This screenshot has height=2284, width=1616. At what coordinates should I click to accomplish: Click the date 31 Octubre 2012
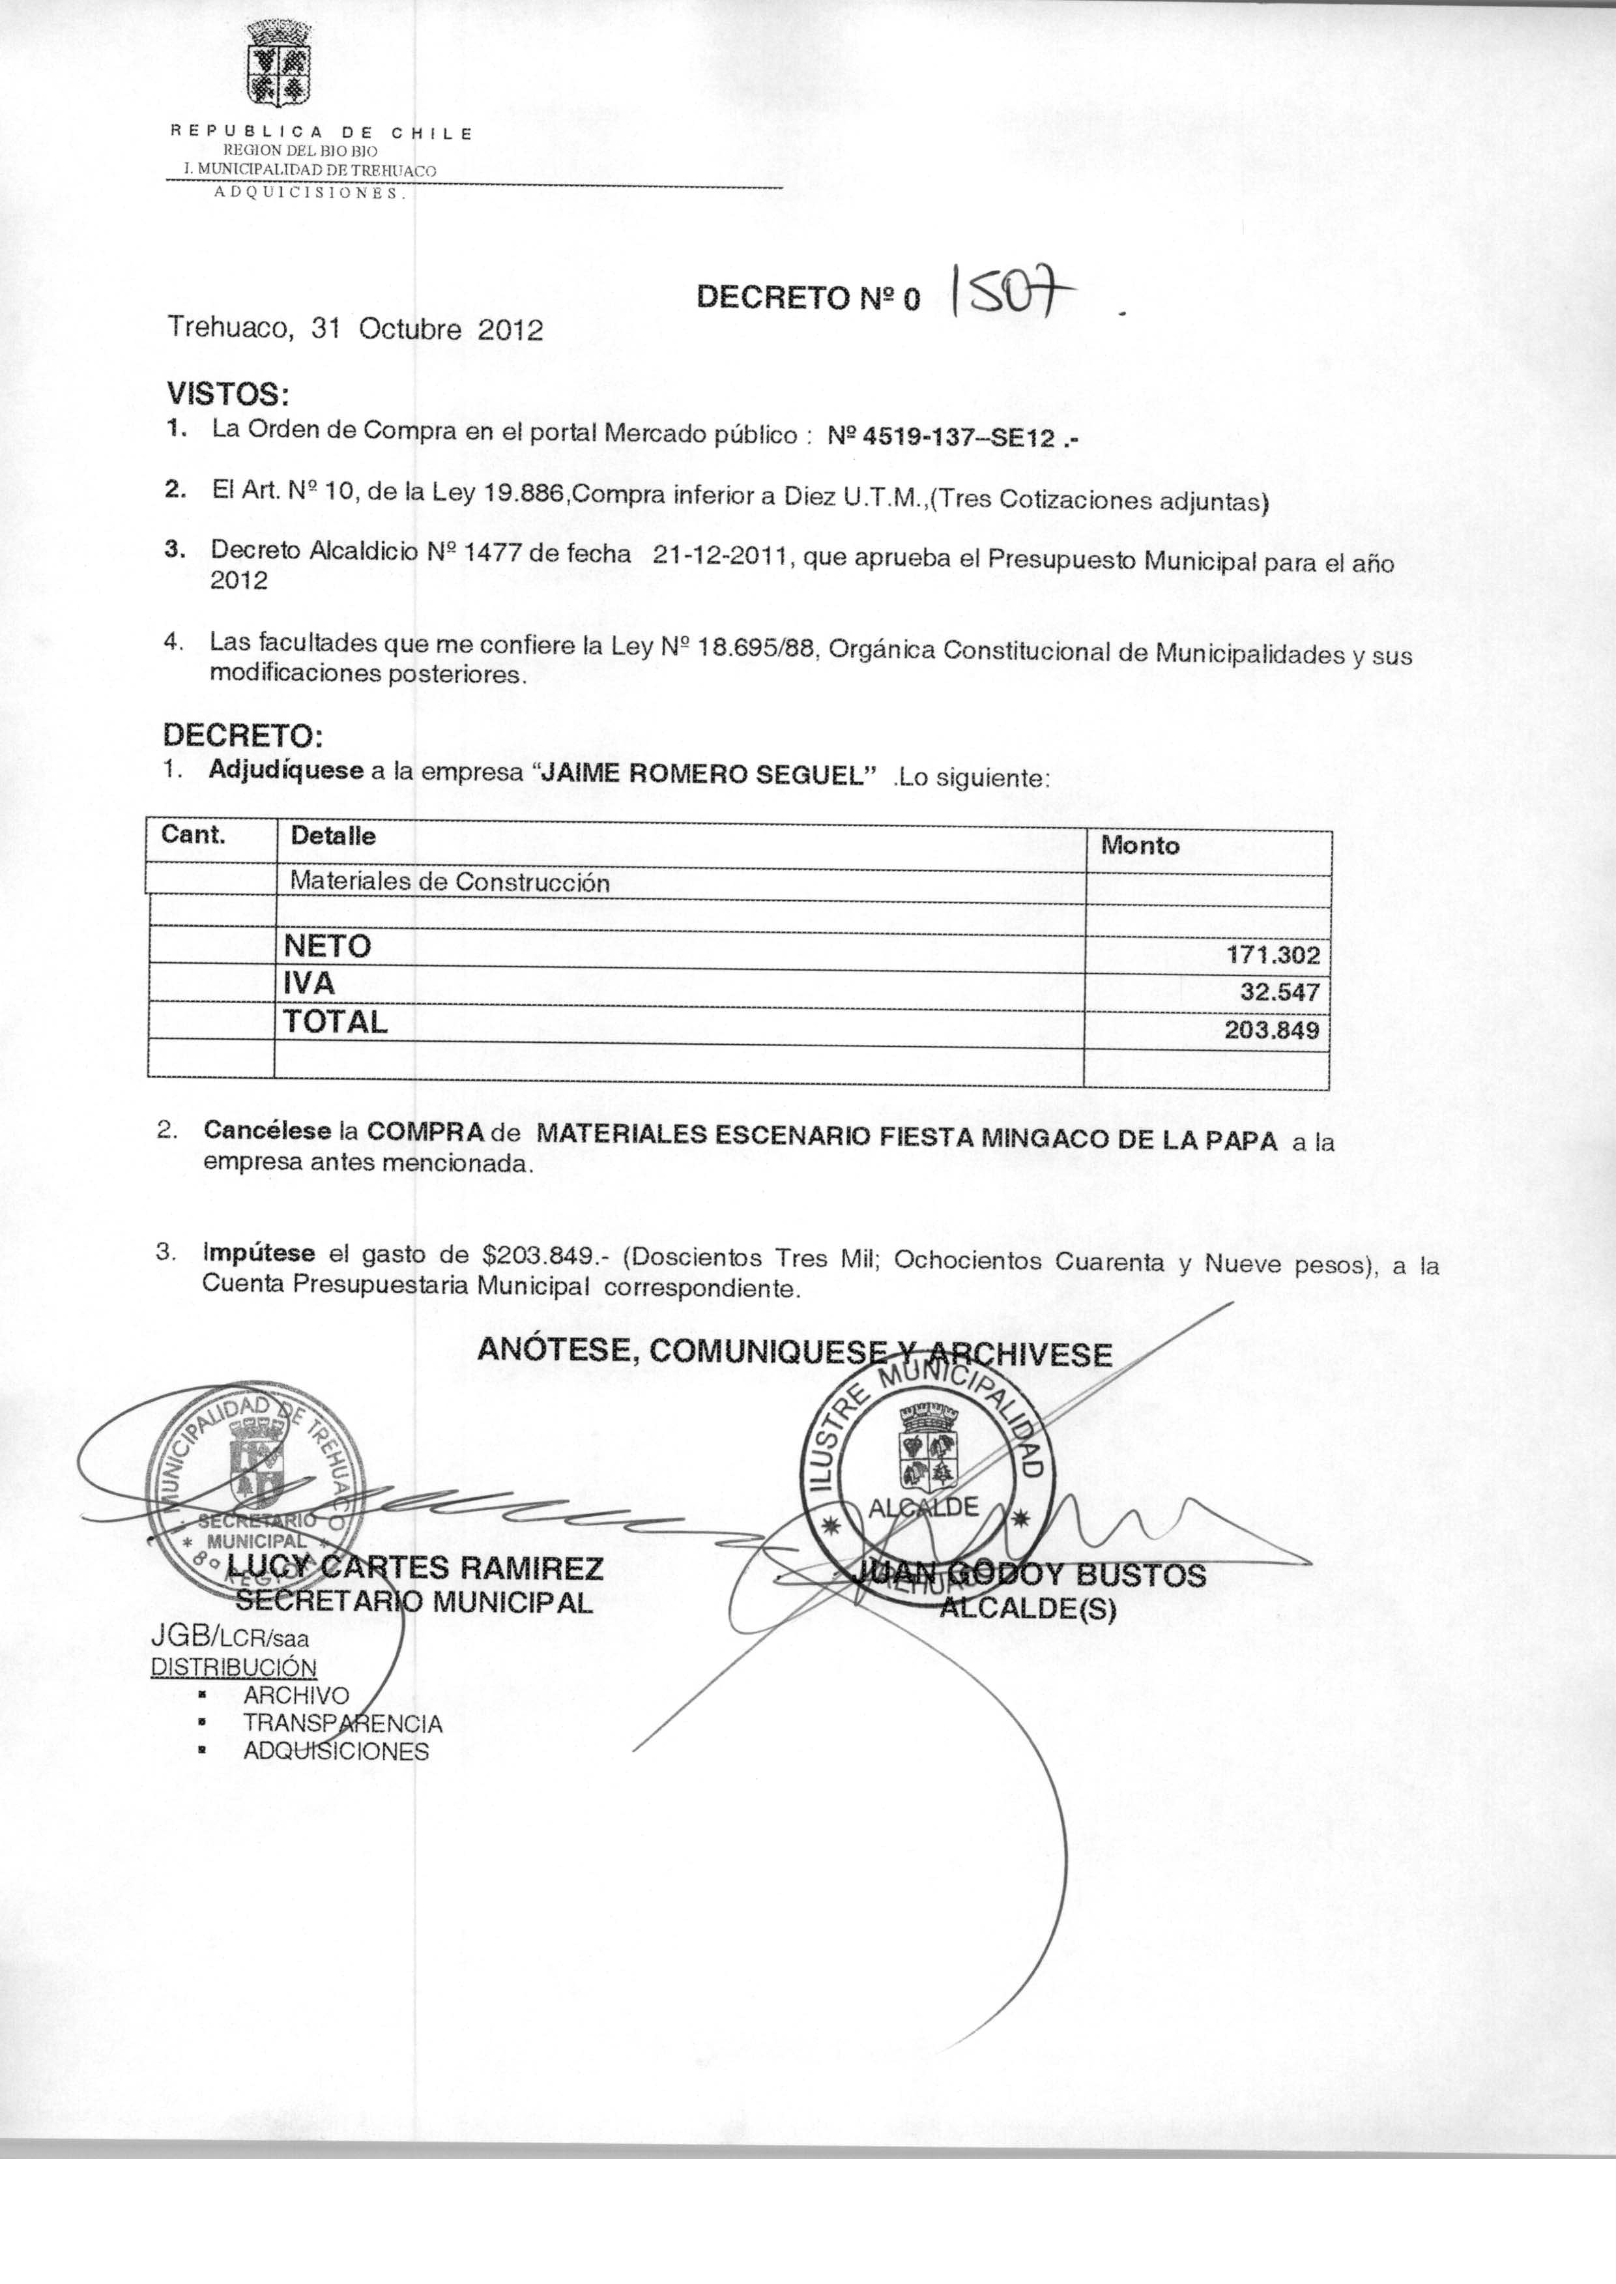click(428, 329)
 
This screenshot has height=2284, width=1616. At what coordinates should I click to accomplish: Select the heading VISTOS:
click(228, 394)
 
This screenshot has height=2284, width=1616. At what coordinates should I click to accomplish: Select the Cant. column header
click(194, 834)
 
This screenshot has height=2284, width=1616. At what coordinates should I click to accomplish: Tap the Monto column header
click(1140, 846)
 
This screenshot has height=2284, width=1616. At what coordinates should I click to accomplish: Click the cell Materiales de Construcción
click(449, 882)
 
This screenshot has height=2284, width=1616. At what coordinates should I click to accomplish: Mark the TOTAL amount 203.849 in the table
click(1272, 1029)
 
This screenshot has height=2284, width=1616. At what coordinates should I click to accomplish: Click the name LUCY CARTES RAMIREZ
click(415, 1568)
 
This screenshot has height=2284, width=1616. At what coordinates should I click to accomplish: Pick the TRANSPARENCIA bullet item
click(342, 1723)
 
